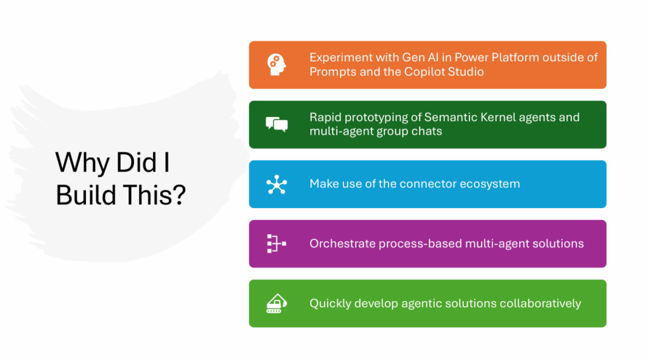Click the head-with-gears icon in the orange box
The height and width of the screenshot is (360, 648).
[277, 65]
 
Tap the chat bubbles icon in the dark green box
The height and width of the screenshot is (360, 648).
[277, 125]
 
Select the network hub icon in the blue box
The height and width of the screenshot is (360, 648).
[277, 184]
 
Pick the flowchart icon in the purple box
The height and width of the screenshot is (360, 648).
[277, 244]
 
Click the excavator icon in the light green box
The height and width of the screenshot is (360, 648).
[277, 304]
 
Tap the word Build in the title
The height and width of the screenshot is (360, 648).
[86, 196]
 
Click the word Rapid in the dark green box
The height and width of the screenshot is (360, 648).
[325, 118]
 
